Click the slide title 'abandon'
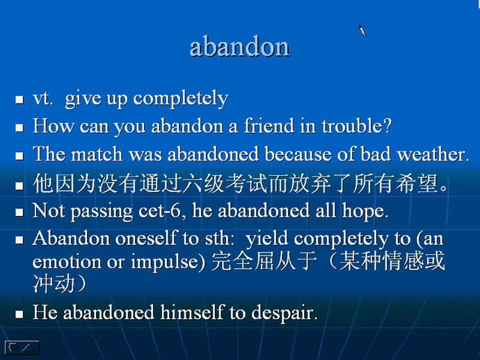click(x=239, y=47)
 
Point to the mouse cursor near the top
click(x=362, y=31)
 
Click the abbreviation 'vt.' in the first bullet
click(x=43, y=99)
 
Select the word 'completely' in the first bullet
click(x=180, y=99)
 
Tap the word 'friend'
click(x=269, y=125)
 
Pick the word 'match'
click(x=97, y=154)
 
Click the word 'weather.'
click(x=433, y=154)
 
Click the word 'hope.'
click(x=365, y=212)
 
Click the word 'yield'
click(x=267, y=239)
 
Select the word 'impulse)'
click(x=168, y=263)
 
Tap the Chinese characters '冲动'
click(x=54, y=284)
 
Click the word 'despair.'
click(x=285, y=313)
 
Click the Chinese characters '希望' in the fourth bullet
click(x=417, y=183)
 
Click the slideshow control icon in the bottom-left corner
click(x=22, y=347)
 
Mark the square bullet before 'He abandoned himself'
click(x=19, y=314)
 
